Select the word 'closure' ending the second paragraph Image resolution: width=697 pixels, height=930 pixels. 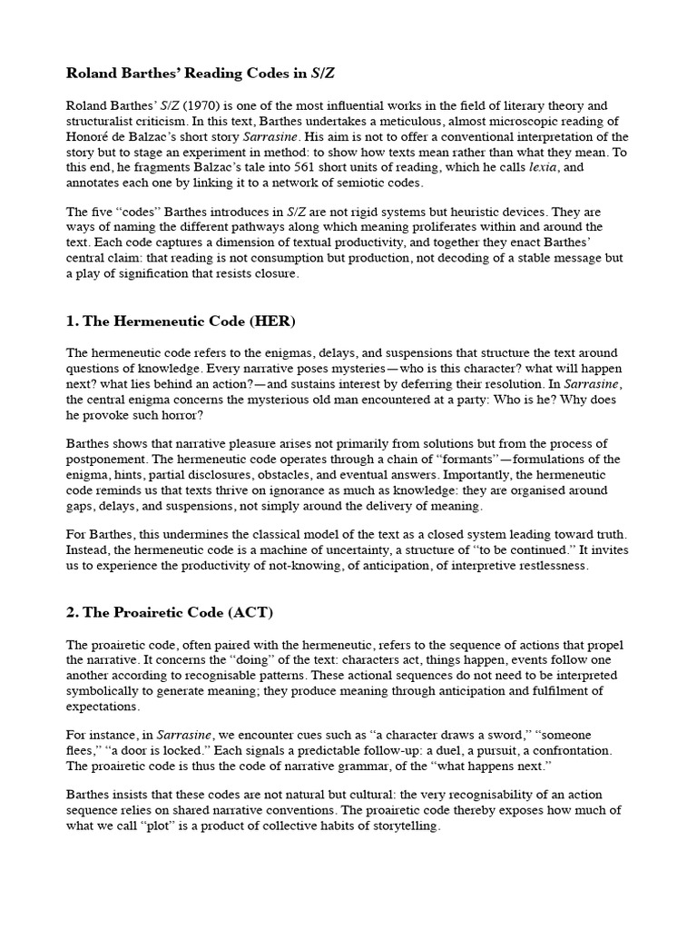click(x=269, y=273)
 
